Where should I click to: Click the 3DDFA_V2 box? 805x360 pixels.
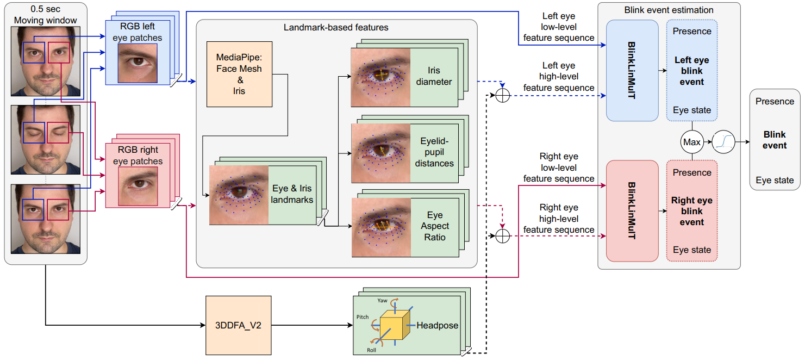pyautogui.click(x=238, y=325)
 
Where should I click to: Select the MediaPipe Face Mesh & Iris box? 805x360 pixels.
pyautogui.click(x=239, y=74)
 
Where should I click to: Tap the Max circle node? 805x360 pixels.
pyautogui.click(x=692, y=142)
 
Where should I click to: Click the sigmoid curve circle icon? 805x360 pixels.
pyautogui.click(x=723, y=142)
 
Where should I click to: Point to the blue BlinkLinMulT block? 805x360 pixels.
pyautogui.click(x=632, y=71)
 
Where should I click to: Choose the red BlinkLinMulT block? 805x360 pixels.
pyautogui.click(x=632, y=211)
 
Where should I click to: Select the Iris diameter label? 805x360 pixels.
pyautogui.click(x=434, y=76)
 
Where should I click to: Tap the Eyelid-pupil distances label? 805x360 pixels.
pyautogui.click(x=434, y=152)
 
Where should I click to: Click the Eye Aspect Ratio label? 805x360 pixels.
pyautogui.click(x=435, y=226)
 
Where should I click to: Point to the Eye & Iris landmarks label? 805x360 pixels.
pyautogui.click(x=292, y=194)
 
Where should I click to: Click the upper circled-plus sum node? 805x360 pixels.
pyautogui.click(x=502, y=95)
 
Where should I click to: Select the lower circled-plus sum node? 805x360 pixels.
pyautogui.click(x=502, y=236)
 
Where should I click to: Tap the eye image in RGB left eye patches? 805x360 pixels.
pyautogui.click(x=138, y=63)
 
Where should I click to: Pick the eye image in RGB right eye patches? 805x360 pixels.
pyautogui.click(x=138, y=187)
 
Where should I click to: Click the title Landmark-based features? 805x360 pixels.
pyautogui.click(x=336, y=27)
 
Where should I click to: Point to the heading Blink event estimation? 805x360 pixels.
pyautogui.click(x=669, y=10)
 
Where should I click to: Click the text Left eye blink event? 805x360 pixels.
pyautogui.click(x=692, y=71)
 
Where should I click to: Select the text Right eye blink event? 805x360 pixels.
pyautogui.click(x=692, y=211)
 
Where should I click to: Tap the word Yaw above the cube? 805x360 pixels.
pyautogui.click(x=382, y=301)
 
